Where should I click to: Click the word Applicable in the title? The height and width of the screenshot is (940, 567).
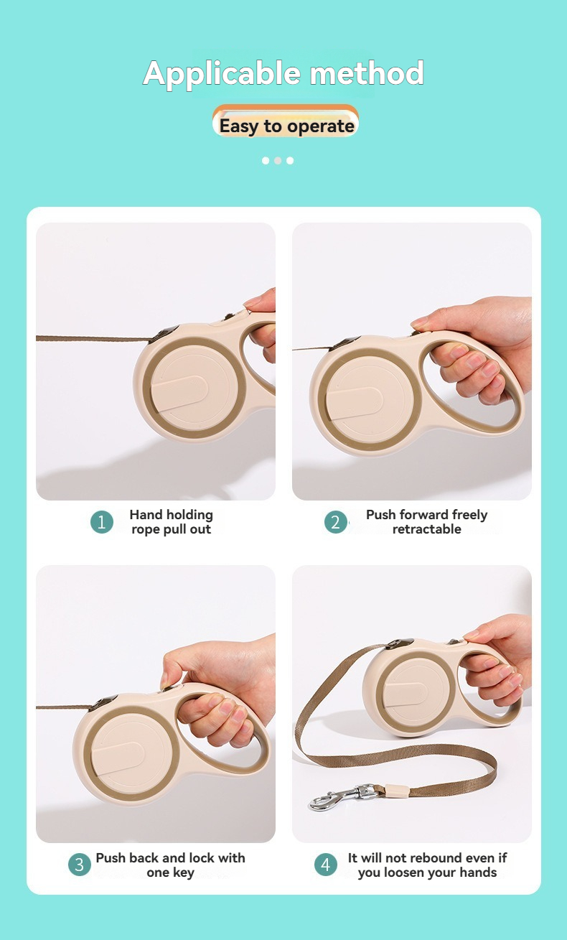pyautogui.click(x=222, y=74)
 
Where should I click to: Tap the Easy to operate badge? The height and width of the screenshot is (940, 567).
pyautogui.click(x=286, y=126)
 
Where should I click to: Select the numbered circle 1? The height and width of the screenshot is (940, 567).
pyautogui.click(x=102, y=522)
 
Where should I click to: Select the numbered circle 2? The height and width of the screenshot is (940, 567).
pyautogui.click(x=335, y=522)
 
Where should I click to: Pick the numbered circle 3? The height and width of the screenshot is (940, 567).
pyautogui.click(x=80, y=865)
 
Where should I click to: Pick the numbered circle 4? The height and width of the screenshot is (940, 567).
pyautogui.click(x=326, y=865)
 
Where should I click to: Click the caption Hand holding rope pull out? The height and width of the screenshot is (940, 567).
pyautogui.click(x=171, y=522)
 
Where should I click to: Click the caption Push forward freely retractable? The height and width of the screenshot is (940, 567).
pyautogui.click(x=426, y=522)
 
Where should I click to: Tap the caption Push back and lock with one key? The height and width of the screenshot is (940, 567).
pyautogui.click(x=170, y=865)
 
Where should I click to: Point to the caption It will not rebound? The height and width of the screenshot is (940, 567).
pyautogui.click(x=427, y=865)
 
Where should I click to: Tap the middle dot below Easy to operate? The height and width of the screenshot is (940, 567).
pyautogui.click(x=278, y=161)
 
